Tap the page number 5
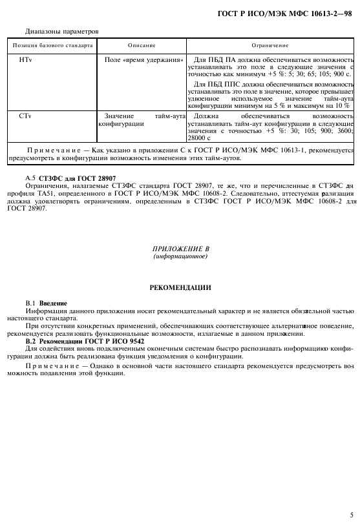point(351,515)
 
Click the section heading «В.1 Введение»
point(46,302)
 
